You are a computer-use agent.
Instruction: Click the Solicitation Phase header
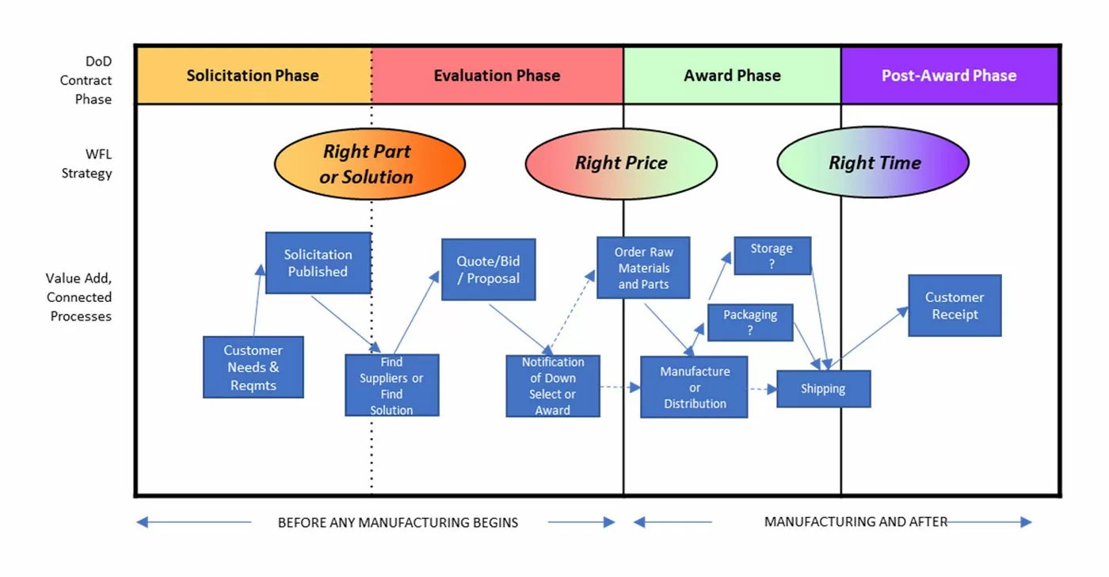[253, 76]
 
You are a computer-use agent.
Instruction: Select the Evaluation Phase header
[497, 76]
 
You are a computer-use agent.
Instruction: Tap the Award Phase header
[732, 76]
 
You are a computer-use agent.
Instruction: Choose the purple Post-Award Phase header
[949, 76]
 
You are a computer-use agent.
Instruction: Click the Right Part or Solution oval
[369, 165]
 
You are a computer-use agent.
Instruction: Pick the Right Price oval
[621, 163]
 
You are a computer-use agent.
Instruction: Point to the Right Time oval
[873, 163]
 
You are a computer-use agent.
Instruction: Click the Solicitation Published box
[318, 263]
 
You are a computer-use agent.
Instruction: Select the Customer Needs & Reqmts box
[253, 367]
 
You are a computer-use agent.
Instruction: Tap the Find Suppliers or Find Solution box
[391, 385]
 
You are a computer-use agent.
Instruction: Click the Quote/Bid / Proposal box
[488, 269]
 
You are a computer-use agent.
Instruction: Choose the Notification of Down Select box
[552, 386]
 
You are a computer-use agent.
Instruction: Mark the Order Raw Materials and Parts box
[643, 268]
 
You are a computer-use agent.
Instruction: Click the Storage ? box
[772, 255]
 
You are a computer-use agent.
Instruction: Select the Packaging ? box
[749, 322]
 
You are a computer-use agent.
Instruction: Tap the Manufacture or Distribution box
[694, 387]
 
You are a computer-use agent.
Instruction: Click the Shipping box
[823, 389]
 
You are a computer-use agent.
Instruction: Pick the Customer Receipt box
[955, 306]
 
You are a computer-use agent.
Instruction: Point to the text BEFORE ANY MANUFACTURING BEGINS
[398, 523]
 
